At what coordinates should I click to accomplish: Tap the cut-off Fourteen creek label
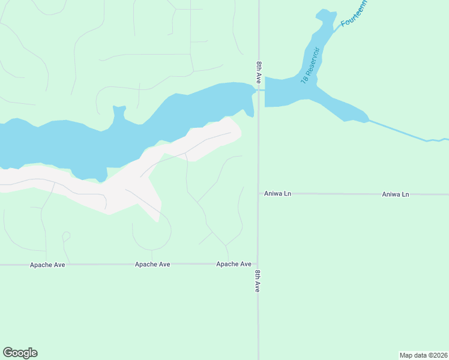(354, 13)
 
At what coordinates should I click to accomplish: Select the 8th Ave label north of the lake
(259, 70)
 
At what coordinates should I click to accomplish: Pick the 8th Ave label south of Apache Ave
(257, 281)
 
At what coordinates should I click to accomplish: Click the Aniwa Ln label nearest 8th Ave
(277, 194)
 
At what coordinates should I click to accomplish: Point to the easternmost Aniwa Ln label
(396, 194)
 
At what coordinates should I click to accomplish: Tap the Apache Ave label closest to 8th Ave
(234, 264)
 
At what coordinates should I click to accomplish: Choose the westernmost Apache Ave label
(47, 265)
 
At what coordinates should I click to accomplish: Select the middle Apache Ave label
(152, 264)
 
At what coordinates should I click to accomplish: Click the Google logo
(20, 353)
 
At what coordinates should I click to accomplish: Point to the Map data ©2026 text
(424, 355)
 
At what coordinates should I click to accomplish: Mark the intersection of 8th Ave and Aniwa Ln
(258, 194)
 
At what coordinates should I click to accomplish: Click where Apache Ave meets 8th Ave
(258, 264)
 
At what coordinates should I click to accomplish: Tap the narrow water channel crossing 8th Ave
(260, 91)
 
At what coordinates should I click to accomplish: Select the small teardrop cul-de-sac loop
(66, 235)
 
